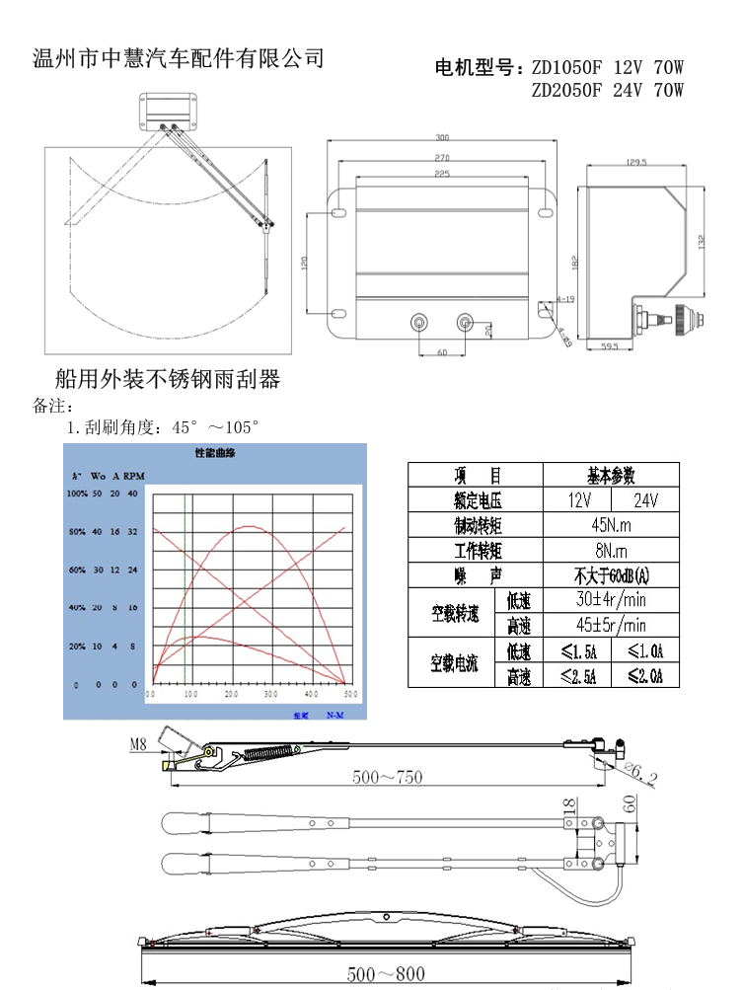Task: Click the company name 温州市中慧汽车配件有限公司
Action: coord(179,58)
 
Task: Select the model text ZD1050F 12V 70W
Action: coord(607,68)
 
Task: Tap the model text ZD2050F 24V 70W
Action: coord(607,91)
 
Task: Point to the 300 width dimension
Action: coord(441,138)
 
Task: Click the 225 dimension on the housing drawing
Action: coord(441,175)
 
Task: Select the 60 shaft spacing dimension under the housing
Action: coord(441,352)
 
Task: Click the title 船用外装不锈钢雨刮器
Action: coord(168,378)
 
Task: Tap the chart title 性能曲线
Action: coord(215,454)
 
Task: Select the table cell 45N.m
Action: coord(611,524)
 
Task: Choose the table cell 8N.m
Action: coord(611,550)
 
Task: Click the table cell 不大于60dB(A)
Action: coord(611,575)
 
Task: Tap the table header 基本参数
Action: coord(611,474)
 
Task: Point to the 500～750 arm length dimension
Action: coord(387,777)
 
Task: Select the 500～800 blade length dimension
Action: coord(386,974)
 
